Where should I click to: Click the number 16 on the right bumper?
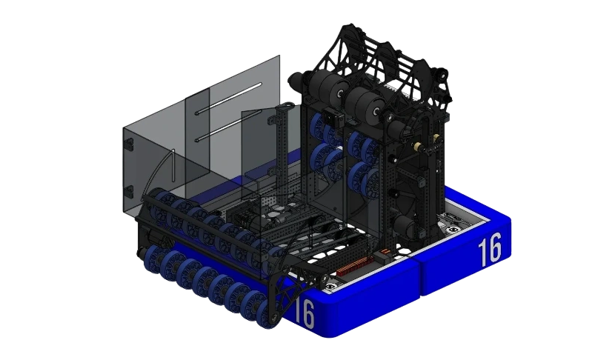pos(490,250)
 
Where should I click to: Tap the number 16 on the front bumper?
pos(305,313)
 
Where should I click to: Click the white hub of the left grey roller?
pos(337,95)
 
